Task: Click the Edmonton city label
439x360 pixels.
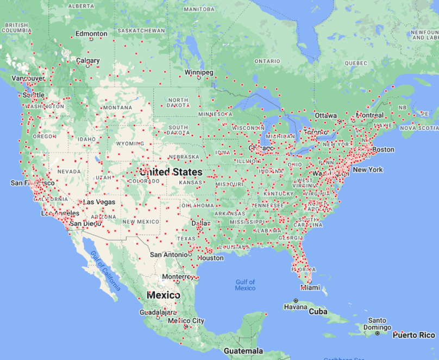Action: point(91,34)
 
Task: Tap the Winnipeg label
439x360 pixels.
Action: point(199,72)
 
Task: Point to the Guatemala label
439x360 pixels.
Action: point(243,351)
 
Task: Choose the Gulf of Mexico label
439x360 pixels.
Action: point(245,285)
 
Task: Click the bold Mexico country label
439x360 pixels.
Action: point(164,295)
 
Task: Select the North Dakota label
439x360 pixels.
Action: point(178,103)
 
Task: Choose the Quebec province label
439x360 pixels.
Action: point(356,62)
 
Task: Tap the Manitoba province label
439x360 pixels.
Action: point(199,10)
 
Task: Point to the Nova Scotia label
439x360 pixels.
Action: point(419,128)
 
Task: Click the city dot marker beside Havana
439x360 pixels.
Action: point(296,300)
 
